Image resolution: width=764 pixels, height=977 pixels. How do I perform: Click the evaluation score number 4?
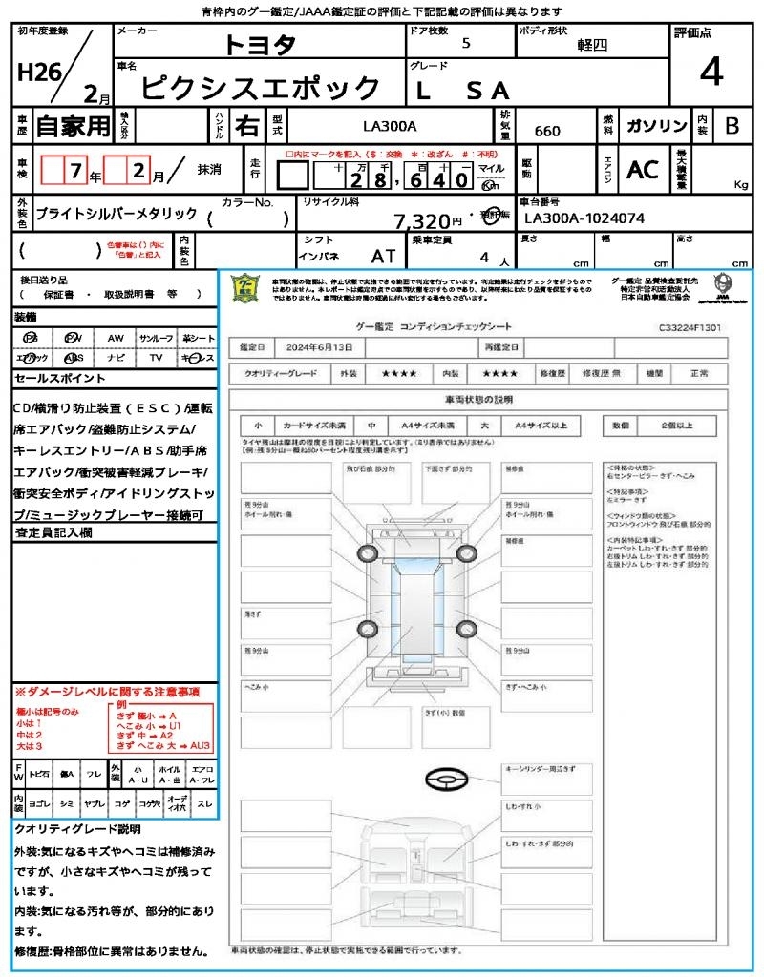[x=711, y=73]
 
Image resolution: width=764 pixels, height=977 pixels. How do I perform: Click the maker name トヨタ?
[x=261, y=45]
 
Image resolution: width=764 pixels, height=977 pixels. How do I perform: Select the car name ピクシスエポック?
[x=261, y=89]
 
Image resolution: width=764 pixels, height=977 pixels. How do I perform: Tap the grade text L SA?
[x=464, y=91]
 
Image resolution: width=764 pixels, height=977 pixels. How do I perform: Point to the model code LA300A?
[x=390, y=124]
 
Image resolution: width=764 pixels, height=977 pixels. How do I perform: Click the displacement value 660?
[x=547, y=131]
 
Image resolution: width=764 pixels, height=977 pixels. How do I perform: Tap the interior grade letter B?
[x=732, y=125]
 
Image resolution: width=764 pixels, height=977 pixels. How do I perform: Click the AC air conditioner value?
[x=643, y=169]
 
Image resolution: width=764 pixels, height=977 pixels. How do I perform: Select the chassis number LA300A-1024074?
[x=584, y=218]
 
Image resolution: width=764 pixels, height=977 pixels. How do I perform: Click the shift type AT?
[x=383, y=256]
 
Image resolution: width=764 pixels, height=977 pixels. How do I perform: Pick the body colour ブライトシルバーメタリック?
[x=117, y=215]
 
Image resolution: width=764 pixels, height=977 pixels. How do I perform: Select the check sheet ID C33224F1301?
[x=690, y=327]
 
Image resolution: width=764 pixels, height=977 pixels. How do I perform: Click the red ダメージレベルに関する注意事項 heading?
[x=107, y=691]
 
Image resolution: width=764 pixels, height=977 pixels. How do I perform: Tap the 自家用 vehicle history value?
[x=73, y=125]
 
